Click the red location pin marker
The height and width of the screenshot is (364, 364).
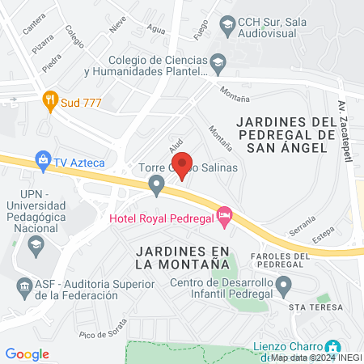pyautogui.click(x=183, y=164)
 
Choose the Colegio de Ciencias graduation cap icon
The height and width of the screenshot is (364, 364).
pyautogui.click(x=218, y=62)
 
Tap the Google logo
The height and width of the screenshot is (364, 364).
pyautogui.click(x=28, y=354)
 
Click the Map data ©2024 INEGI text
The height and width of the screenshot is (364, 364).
pyautogui.click(x=316, y=357)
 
